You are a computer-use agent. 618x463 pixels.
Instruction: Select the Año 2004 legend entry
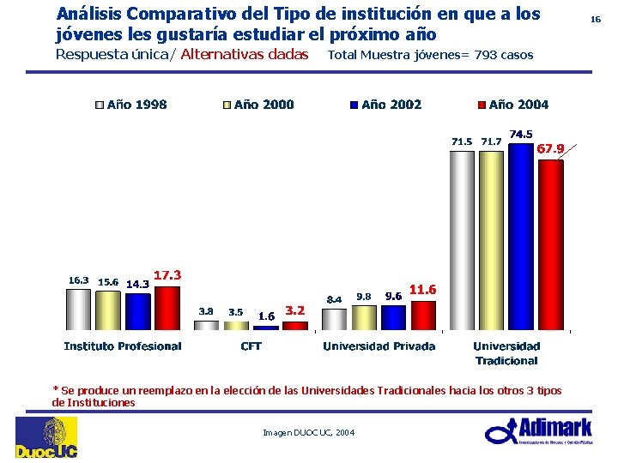click(512, 105)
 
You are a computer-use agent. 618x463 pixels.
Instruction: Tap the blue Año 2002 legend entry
click(385, 105)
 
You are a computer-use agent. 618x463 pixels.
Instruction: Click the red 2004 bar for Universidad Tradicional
click(550, 244)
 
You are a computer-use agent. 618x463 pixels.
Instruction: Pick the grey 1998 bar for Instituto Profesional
click(78, 310)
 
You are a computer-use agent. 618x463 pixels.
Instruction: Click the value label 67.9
click(550, 148)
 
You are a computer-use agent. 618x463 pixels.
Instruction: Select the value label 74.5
click(521, 134)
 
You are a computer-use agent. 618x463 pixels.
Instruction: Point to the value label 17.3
click(167, 274)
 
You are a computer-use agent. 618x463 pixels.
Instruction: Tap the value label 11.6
click(423, 290)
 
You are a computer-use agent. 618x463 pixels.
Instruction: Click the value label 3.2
click(294, 310)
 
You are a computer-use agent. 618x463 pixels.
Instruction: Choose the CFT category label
click(251, 346)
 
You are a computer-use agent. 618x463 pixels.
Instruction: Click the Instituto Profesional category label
click(123, 346)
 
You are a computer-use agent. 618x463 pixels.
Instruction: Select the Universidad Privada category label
click(379, 346)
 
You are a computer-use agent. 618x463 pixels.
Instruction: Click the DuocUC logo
click(45, 438)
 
